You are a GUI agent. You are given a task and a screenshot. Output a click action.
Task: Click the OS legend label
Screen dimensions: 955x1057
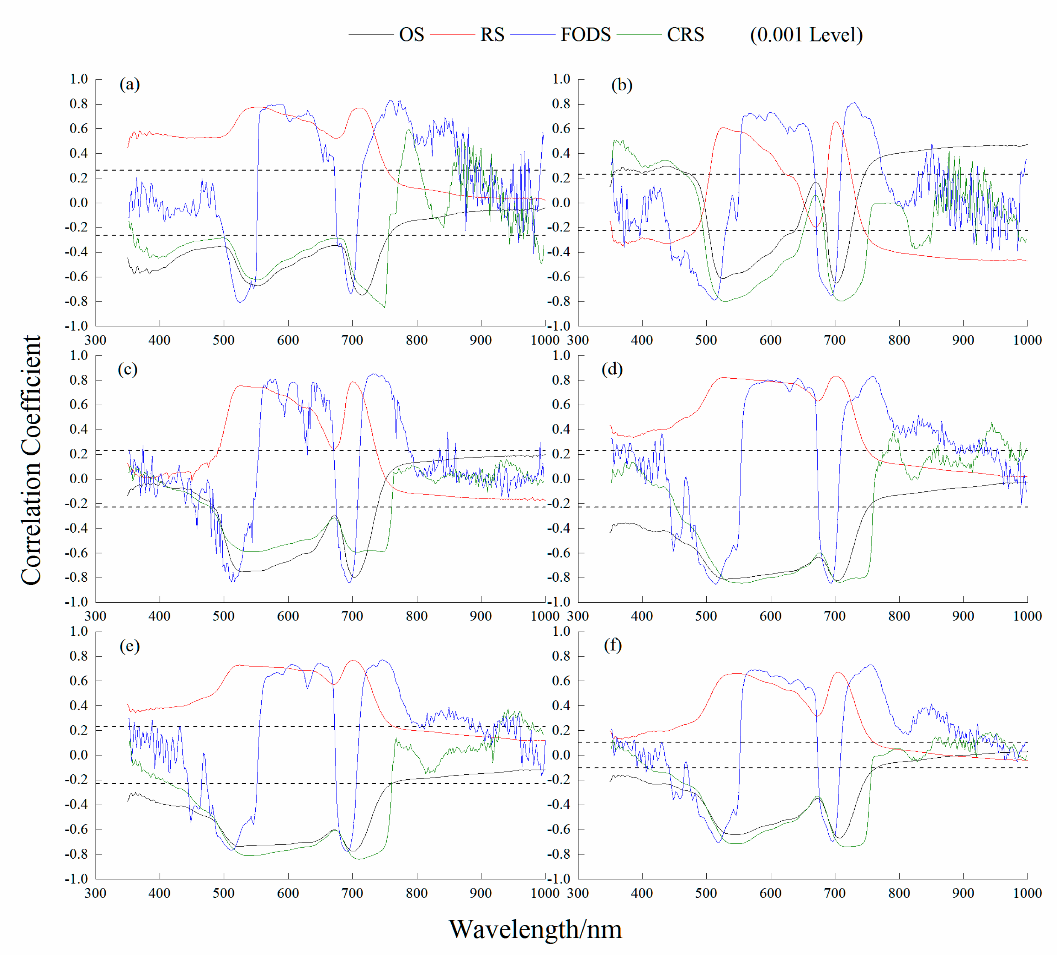tap(411, 34)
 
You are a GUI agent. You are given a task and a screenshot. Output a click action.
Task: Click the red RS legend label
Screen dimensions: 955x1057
tap(492, 34)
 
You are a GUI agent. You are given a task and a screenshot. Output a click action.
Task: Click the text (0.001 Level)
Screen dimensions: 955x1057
tap(806, 34)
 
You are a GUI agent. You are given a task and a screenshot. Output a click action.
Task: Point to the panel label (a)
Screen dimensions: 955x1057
tap(129, 84)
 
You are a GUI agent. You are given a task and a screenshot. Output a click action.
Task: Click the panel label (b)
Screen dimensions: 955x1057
tap(622, 84)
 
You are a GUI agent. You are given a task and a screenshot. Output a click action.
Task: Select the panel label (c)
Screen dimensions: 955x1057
tap(127, 369)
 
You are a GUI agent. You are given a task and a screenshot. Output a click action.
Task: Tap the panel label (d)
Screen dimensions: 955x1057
tap(612, 369)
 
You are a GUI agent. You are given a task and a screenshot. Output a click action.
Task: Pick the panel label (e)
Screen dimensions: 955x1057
tap(129, 645)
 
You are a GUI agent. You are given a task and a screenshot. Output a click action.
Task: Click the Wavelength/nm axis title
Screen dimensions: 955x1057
tap(535, 929)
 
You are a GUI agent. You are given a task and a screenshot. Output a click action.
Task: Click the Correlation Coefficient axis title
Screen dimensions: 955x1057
tap(31, 460)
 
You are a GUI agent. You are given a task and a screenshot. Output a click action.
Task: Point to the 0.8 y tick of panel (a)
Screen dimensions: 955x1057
tap(79, 104)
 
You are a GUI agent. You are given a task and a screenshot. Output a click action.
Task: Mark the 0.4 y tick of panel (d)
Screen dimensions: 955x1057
tap(561, 429)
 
